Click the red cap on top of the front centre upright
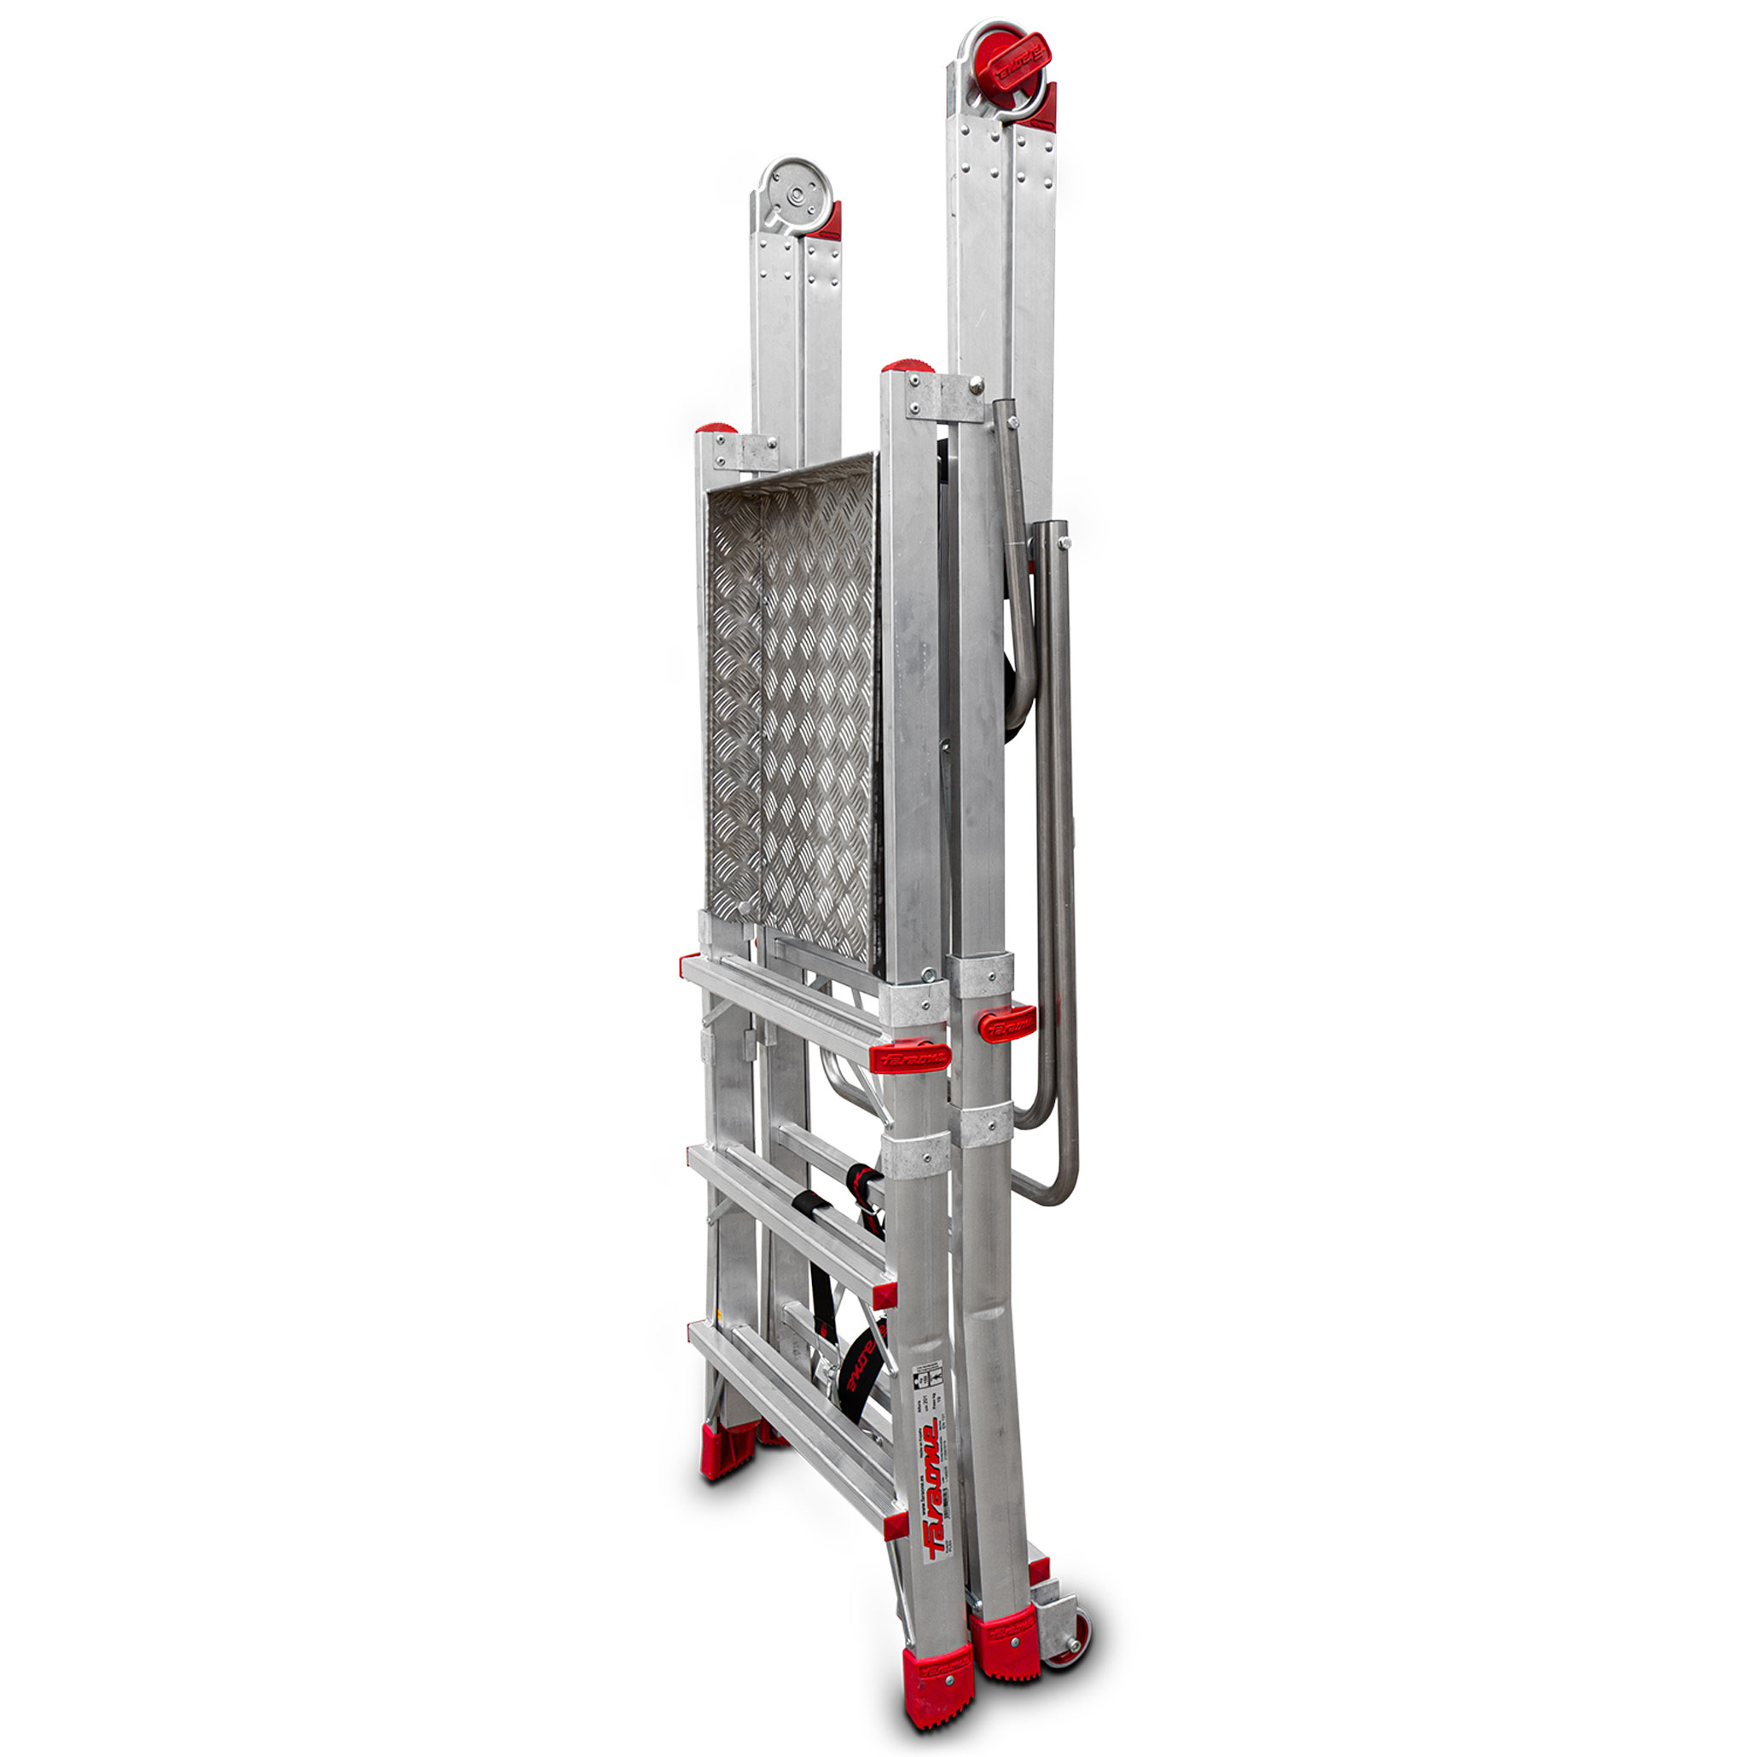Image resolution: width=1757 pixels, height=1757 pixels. tap(907, 366)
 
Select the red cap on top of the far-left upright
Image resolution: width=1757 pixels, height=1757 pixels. tap(716, 428)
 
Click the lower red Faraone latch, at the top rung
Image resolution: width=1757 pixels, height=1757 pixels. tap(909, 1057)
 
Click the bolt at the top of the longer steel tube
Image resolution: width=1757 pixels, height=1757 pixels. tap(1065, 543)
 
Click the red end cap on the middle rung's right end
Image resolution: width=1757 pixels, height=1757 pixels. tap(884, 1294)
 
